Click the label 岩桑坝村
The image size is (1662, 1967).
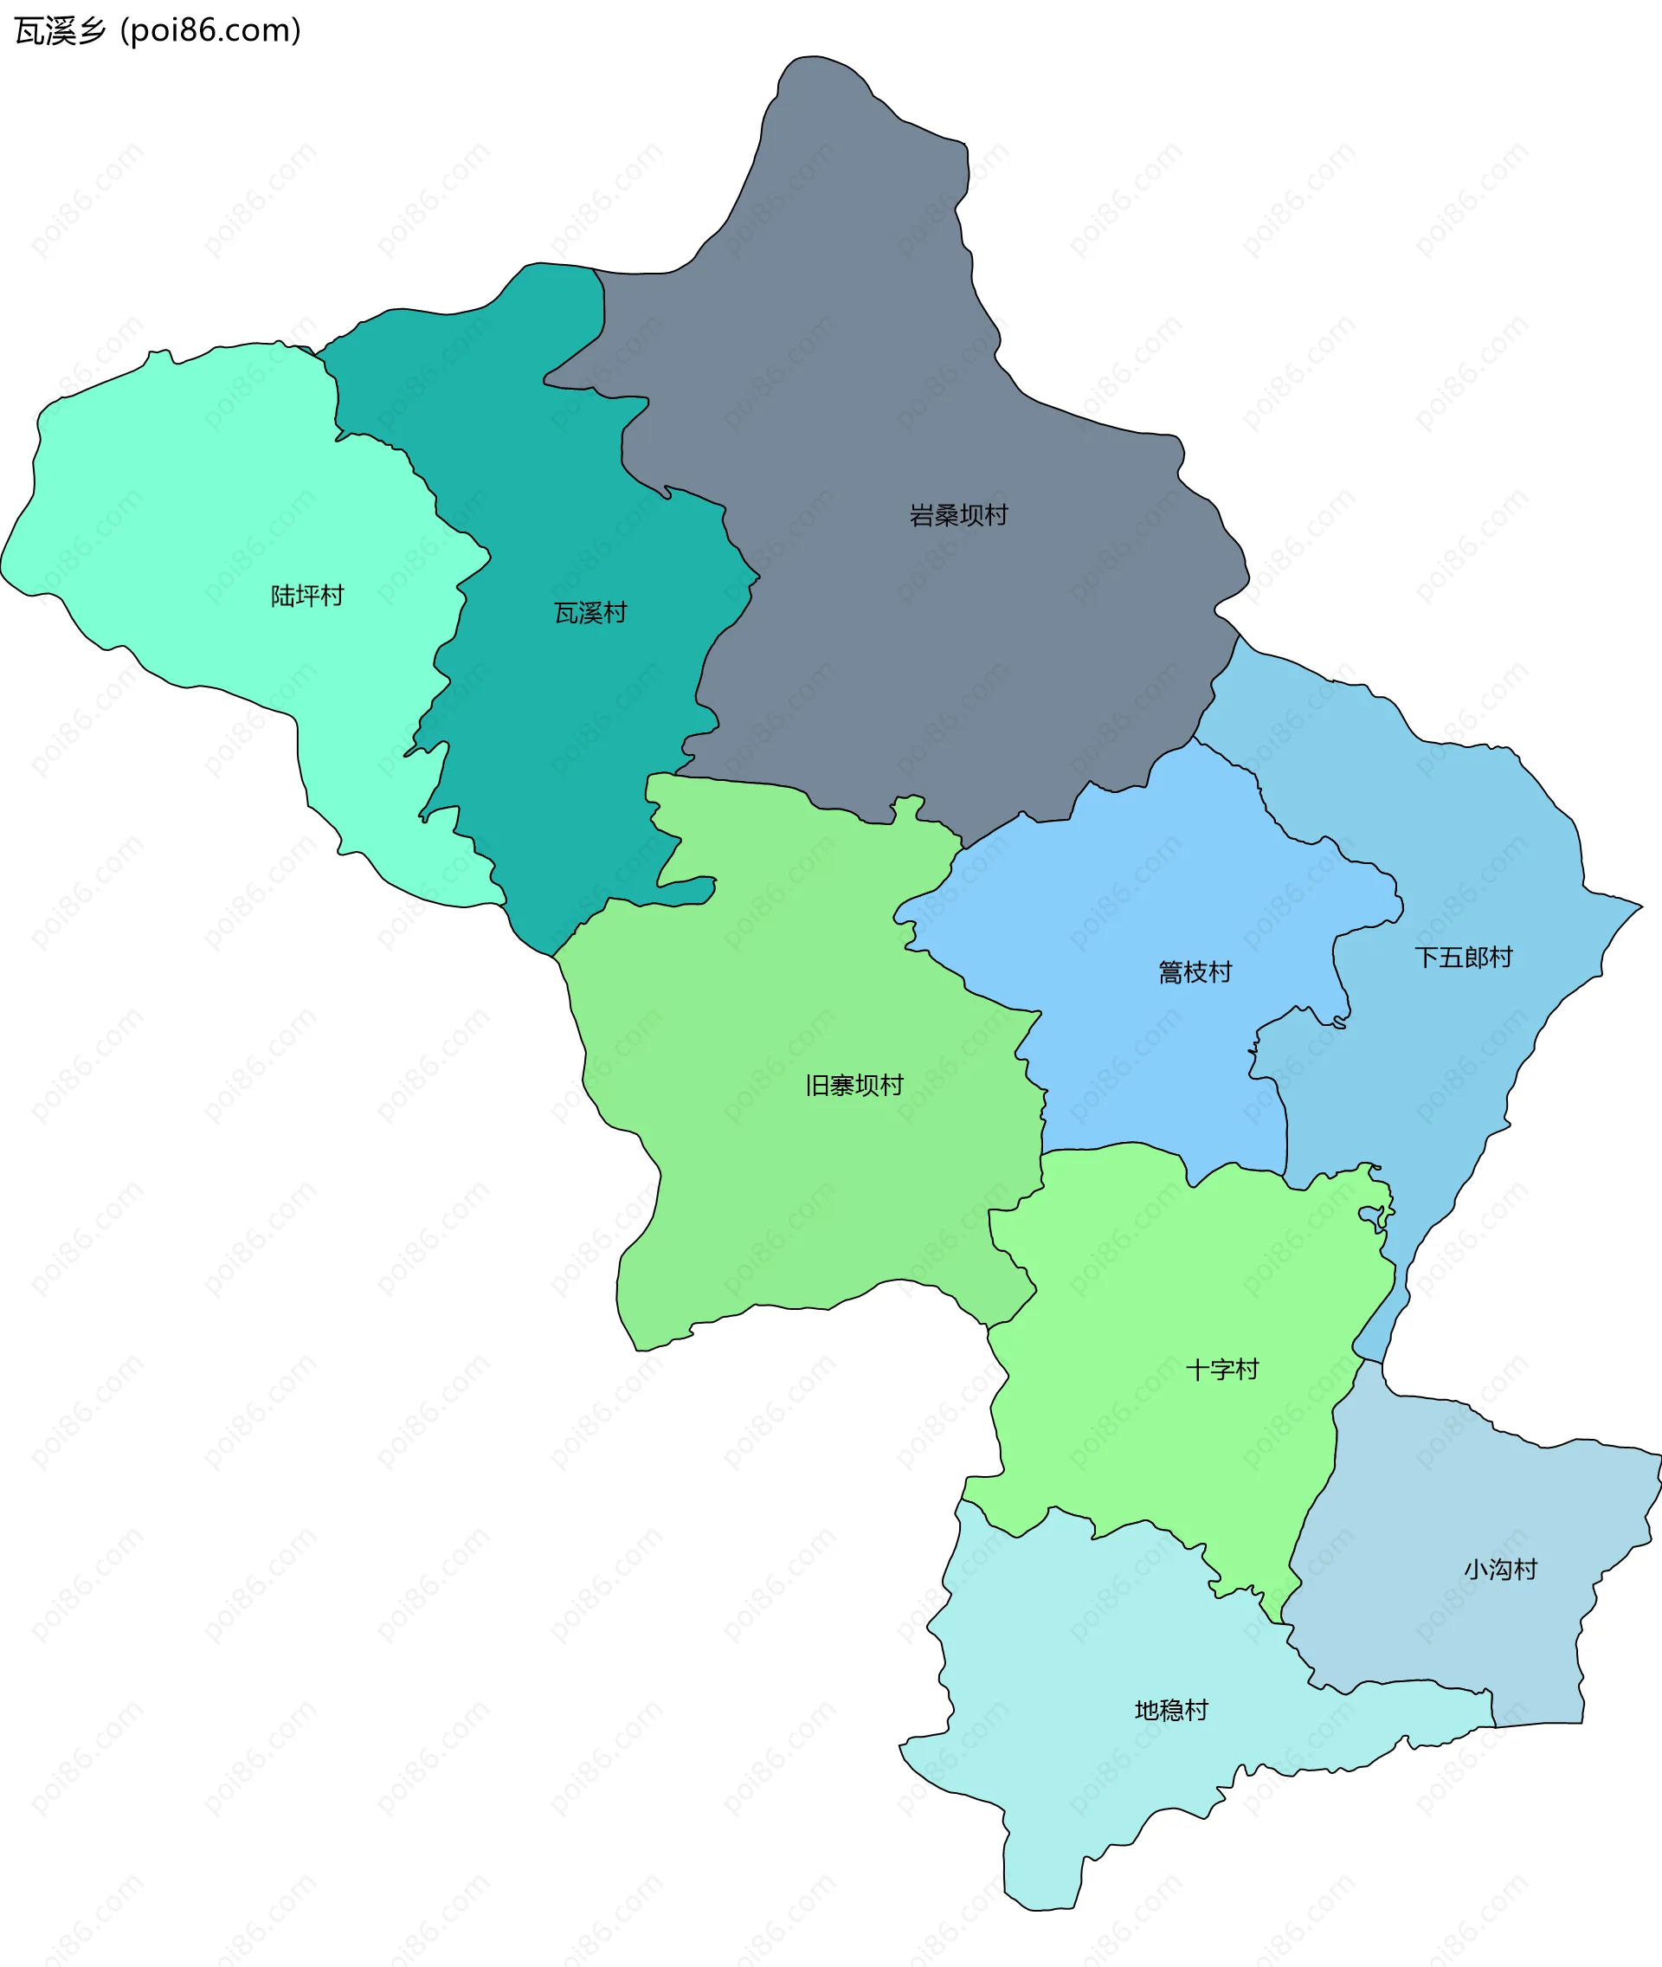pyautogui.click(x=958, y=515)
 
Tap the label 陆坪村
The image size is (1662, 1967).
pyautogui.click(x=307, y=596)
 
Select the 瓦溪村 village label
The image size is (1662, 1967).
pyautogui.click(x=589, y=613)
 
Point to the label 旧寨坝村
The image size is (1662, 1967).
pyautogui.click(x=854, y=1085)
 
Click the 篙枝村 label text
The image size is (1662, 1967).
pyautogui.click(x=1195, y=971)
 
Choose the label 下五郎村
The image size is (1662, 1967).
pyautogui.click(x=1463, y=958)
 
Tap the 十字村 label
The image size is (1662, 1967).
pyautogui.click(x=1222, y=1370)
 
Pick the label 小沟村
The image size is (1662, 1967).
pyautogui.click(x=1500, y=1570)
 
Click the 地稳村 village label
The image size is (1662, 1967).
pyautogui.click(x=1171, y=1710)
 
